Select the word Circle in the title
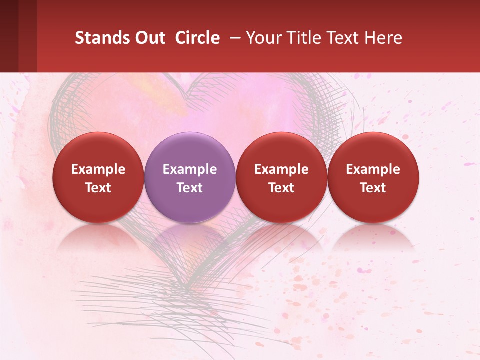pyautogui.click(x=197, y=38)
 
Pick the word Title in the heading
pyautogui.click(x=303, y=38)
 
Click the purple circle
pyautogui.click(x=190, y=177)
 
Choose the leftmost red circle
pyautogui.click(x=98, y=177)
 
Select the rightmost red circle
pyautogui.click(x=373, y=177)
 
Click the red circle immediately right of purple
pyautogui.click(x=281, y=177)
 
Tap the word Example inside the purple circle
pyautogui.click(x=190, y=169)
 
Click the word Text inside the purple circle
pyautogui.click(x=190, y=188)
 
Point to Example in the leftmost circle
pyautogui.click(x=98, y=169)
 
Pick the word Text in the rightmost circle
pyautogui.click(x=373, y=188)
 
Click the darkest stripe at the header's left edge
pyautogui.click(x=9, y=36)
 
